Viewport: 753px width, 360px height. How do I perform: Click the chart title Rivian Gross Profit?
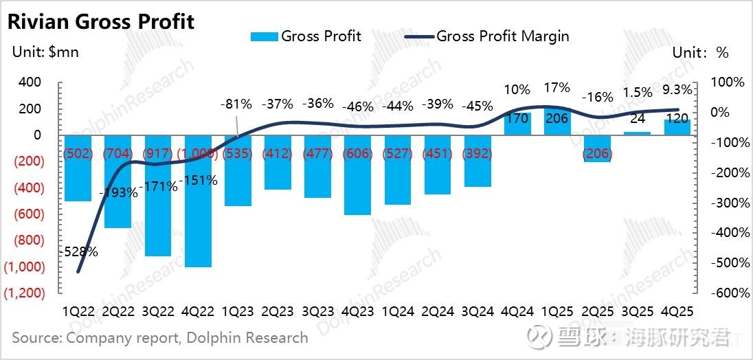click(x=101, y=21)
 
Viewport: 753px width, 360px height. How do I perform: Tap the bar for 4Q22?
click(x=198, y=206)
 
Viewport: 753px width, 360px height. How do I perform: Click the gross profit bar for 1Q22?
click(x=78, y=172)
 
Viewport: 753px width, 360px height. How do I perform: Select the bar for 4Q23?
click(x=357, y=179)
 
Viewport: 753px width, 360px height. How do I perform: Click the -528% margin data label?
click(x=78, y=251)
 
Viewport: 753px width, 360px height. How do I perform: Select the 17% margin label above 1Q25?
click(x=557, y=88)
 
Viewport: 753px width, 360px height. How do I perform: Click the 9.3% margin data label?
click(x=678, y=88)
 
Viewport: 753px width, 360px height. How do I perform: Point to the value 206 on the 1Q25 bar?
click(x=557, y=119)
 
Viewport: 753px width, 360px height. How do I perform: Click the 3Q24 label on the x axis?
click(x=477, y=311)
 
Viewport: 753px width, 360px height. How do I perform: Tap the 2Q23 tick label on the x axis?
click(x=278, y=311)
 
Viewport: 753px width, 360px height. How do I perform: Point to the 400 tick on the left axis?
click(x=30, y=82)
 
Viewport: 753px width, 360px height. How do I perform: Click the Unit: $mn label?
click(x=45, y=52)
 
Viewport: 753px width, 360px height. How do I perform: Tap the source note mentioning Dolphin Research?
click(x=160, y=337)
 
